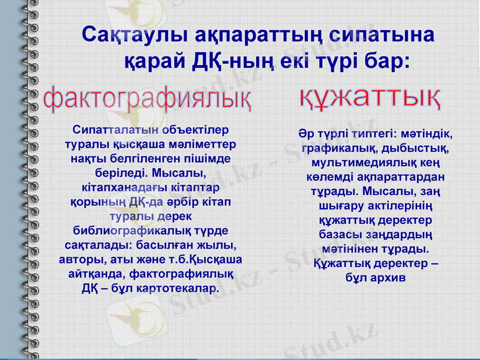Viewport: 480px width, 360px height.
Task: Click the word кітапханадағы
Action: point(125,188)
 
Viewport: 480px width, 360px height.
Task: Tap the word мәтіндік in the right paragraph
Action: point(424,133)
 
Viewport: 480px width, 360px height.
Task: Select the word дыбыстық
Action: point(422,147)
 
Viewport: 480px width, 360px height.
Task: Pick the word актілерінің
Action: point(397,206)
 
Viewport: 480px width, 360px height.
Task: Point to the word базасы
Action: point(339,234)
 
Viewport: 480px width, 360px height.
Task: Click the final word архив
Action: point(389,278)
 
